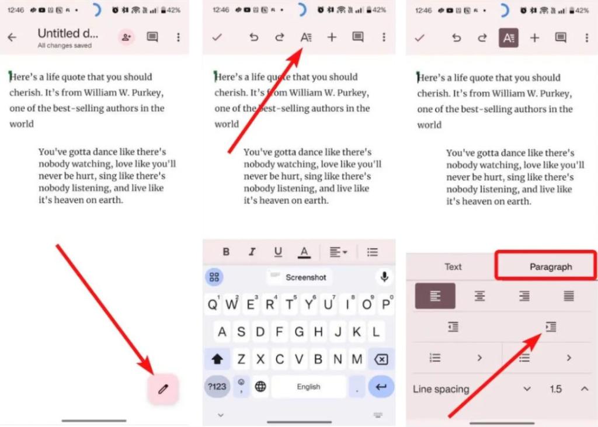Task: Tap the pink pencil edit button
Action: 163,389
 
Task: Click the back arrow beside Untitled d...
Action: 12,37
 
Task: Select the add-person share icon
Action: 126,37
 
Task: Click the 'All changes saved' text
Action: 64,46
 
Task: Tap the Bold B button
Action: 226,252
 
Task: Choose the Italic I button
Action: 252,252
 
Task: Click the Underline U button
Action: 278,252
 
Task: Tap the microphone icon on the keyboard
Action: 384,277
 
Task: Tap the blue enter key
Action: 381,386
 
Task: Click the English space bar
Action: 308,386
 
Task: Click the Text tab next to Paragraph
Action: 453,266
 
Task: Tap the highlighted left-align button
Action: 435,296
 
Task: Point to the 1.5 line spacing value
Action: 555,389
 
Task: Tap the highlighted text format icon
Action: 508,38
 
